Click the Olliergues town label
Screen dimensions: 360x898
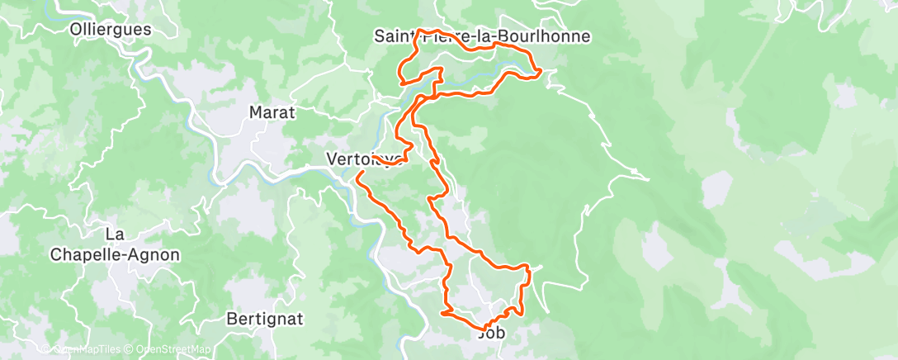point(111,29)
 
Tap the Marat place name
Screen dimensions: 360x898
point(272,112)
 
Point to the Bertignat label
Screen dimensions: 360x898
point(265,318)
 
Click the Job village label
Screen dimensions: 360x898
point(491,334)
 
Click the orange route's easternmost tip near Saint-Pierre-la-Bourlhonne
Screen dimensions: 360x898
point(540,73)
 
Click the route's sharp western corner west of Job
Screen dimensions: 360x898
point(443,313)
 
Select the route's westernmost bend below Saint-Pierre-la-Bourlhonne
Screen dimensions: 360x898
point(400,81)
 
